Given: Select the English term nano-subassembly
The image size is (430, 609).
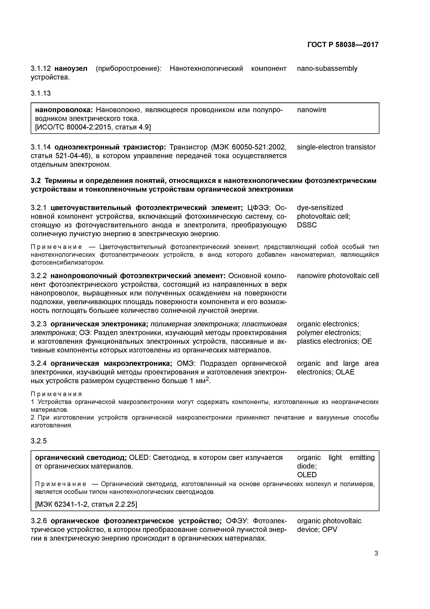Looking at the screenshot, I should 327,68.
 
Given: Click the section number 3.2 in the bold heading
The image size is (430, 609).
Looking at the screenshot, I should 36,181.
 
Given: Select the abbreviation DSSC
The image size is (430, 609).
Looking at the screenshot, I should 307,225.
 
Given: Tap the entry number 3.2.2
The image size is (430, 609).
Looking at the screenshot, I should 39,276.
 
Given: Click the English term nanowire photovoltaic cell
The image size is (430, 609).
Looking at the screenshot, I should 338,276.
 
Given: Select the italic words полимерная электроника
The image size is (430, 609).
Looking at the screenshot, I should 194,324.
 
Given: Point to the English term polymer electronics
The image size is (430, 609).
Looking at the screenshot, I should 329,333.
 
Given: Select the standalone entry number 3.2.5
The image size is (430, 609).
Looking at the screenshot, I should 39,441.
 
